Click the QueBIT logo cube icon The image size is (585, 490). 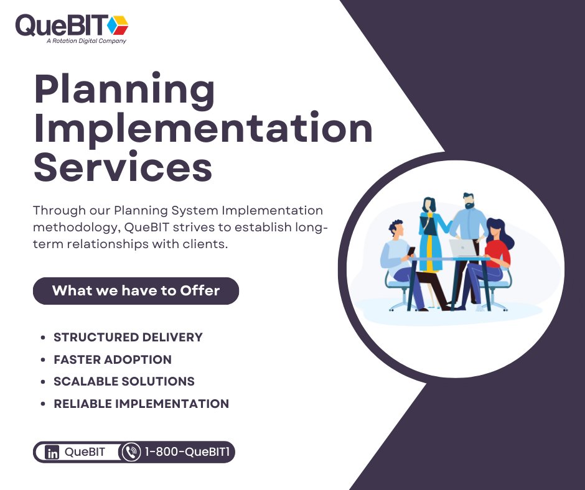(117, 25)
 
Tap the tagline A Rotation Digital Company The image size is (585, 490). (86, 41)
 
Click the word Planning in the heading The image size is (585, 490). (124, 91)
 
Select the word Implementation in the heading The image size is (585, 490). (203, 128)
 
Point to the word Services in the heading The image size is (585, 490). (123, 167)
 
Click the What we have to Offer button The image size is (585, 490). (136, 290)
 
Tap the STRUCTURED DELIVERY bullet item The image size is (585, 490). (128, 338)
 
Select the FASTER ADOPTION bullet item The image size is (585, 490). (113, 359)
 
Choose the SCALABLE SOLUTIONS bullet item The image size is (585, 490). (124, 381)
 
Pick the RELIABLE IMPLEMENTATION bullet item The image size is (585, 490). (141, 404)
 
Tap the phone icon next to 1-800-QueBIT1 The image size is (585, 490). (131, 452)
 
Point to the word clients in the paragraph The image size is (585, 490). (207, 244)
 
